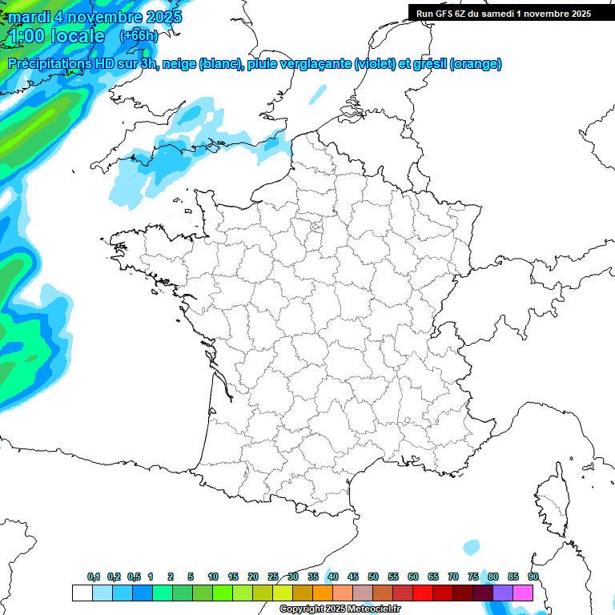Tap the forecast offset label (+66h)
pyautogui.click(x=139, y=35)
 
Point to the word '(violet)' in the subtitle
pyautogui.click(x=374, y=64)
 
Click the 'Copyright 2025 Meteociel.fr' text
pyautogui.click(x=340, y=609)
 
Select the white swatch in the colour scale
pyautogui.click(x=82, y=593)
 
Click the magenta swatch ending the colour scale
pyautogui.click(x=522, y=593)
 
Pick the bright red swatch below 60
pyautogui.click(x=422, y=593)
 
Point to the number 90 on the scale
pyautogui.click(x=533, y=577)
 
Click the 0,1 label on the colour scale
pyautogui.click(x=93, y=577)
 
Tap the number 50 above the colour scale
pyautogui.click(x=373, y=577)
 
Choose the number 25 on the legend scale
pyautogui.click(x=273, y=577)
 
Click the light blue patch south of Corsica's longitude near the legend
pyautogui.click(x=472, y=548)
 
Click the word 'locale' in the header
pyautogui.click(x=77, y=36)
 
